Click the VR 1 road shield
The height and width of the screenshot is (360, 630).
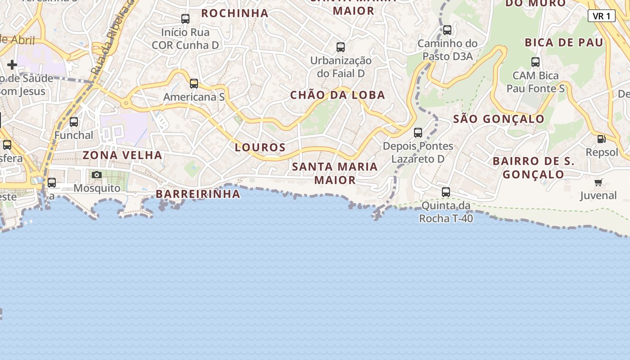[x=601, y=16]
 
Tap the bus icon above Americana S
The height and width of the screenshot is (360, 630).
[x=194, y=83]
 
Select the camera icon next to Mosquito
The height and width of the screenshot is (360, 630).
[x=97, y=175]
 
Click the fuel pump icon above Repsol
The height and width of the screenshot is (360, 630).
[x=601, y=139]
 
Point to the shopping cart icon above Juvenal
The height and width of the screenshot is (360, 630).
[x=598, y=182]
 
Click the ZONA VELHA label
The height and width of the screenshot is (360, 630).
[x=122, y=155]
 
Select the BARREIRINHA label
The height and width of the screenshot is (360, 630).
[x=198, y=194]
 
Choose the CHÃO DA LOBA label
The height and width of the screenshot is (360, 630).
[x=337, y=95]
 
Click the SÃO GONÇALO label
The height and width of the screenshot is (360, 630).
[x=499, y=119]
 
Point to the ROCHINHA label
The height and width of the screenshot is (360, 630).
[x=235, y=13]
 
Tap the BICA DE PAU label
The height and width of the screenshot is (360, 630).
[x=563, y=43]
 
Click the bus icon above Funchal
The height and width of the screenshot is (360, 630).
[x=74, y=121]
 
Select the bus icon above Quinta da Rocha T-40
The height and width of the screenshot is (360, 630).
[x=446, y=192]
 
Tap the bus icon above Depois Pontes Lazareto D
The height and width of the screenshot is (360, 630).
[x=418, y=133]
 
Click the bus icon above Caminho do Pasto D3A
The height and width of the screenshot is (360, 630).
[x=447, y=30]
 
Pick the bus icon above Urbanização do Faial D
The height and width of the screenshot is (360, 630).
[x=341, y=47]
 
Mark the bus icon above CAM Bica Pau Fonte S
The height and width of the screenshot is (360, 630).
[x=535, y=62]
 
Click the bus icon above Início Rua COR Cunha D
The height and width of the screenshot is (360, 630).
[x=185, y=19]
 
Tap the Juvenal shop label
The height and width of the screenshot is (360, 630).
[x=598, y=196]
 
